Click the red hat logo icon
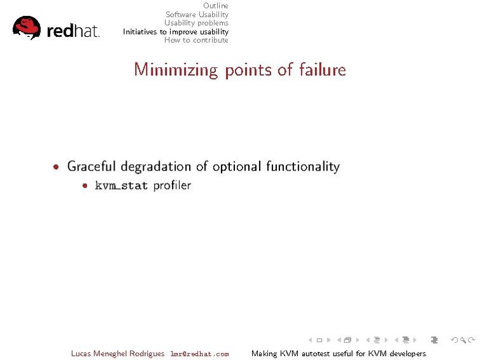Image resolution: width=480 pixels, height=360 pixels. pos(26,27)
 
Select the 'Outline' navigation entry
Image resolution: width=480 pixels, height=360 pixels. pos(215,6)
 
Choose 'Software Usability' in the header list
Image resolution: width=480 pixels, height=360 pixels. pos(197,14)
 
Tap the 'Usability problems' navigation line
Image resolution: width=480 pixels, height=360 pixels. pos(196,23)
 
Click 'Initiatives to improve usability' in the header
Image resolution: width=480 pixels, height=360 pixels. pos(175,31)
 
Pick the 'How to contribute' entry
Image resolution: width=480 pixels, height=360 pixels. pos(196,40)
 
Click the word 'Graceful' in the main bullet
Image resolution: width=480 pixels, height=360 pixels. pos(91,167)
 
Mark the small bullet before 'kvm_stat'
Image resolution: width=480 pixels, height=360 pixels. pos(85,186)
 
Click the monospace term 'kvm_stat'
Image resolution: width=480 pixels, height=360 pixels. pos(121,186)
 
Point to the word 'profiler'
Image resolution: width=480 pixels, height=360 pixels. pos(172,186)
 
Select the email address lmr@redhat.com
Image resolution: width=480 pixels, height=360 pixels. pos(199,354)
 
